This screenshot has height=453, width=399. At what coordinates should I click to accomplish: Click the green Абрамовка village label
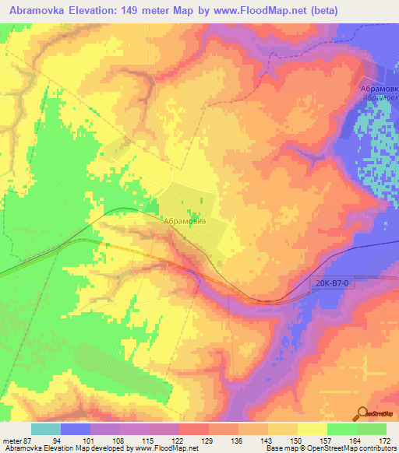point(185,220)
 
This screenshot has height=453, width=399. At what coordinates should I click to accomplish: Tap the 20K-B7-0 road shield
point(334,284)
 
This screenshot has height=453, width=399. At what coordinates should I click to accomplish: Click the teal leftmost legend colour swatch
point(45,428)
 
